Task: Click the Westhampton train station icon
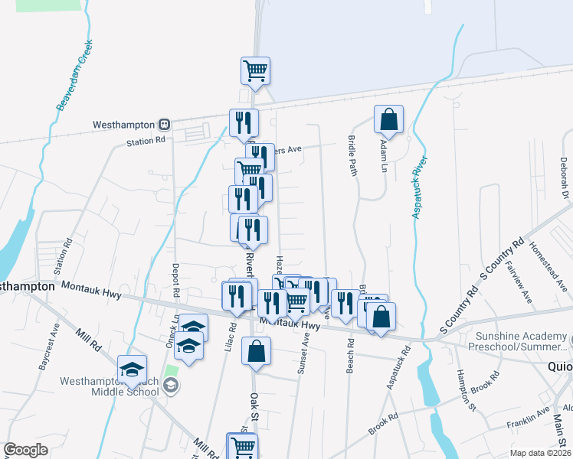163,124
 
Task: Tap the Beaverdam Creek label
74,75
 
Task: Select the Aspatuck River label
418,187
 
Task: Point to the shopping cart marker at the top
255,71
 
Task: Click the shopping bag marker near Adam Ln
388,119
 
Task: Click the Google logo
26,450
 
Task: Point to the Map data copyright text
539,453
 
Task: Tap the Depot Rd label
175,280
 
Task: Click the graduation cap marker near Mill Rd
132,369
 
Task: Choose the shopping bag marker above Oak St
256,353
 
